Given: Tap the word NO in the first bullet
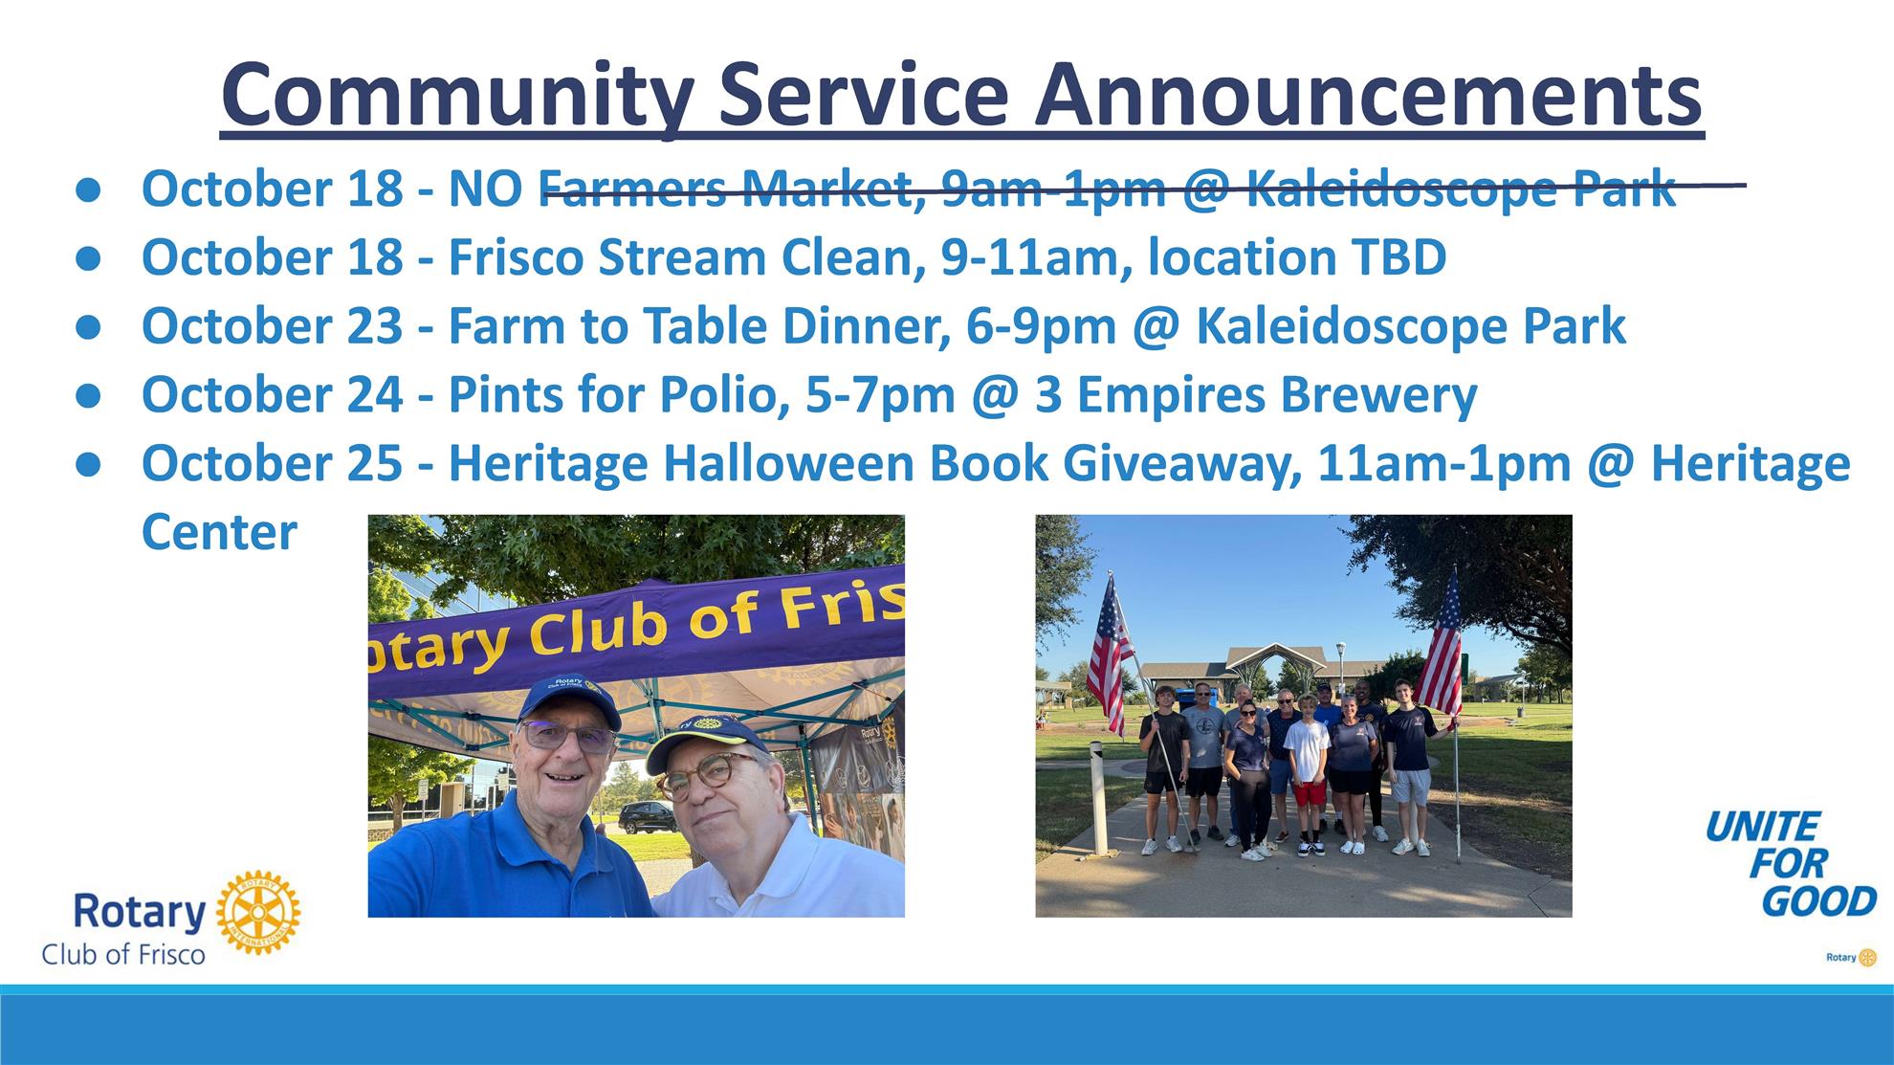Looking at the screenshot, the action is (485, 188).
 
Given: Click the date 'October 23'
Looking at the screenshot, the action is (273, 325).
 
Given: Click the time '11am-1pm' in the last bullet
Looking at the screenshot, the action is (1444, 463).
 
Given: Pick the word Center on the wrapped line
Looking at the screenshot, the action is (219, 532).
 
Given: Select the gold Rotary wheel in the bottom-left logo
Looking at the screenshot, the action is (258, 913).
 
